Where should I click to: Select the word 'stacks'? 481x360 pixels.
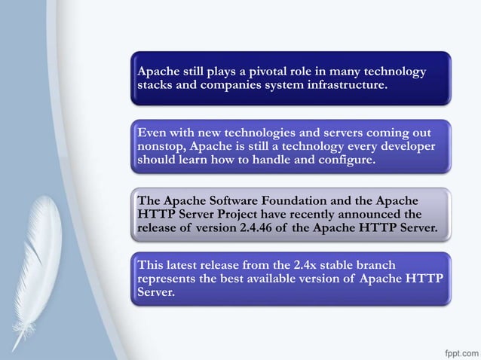point(157,85)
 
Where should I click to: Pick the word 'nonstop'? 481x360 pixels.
point(161,146)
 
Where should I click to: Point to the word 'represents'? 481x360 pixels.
point(168,278)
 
